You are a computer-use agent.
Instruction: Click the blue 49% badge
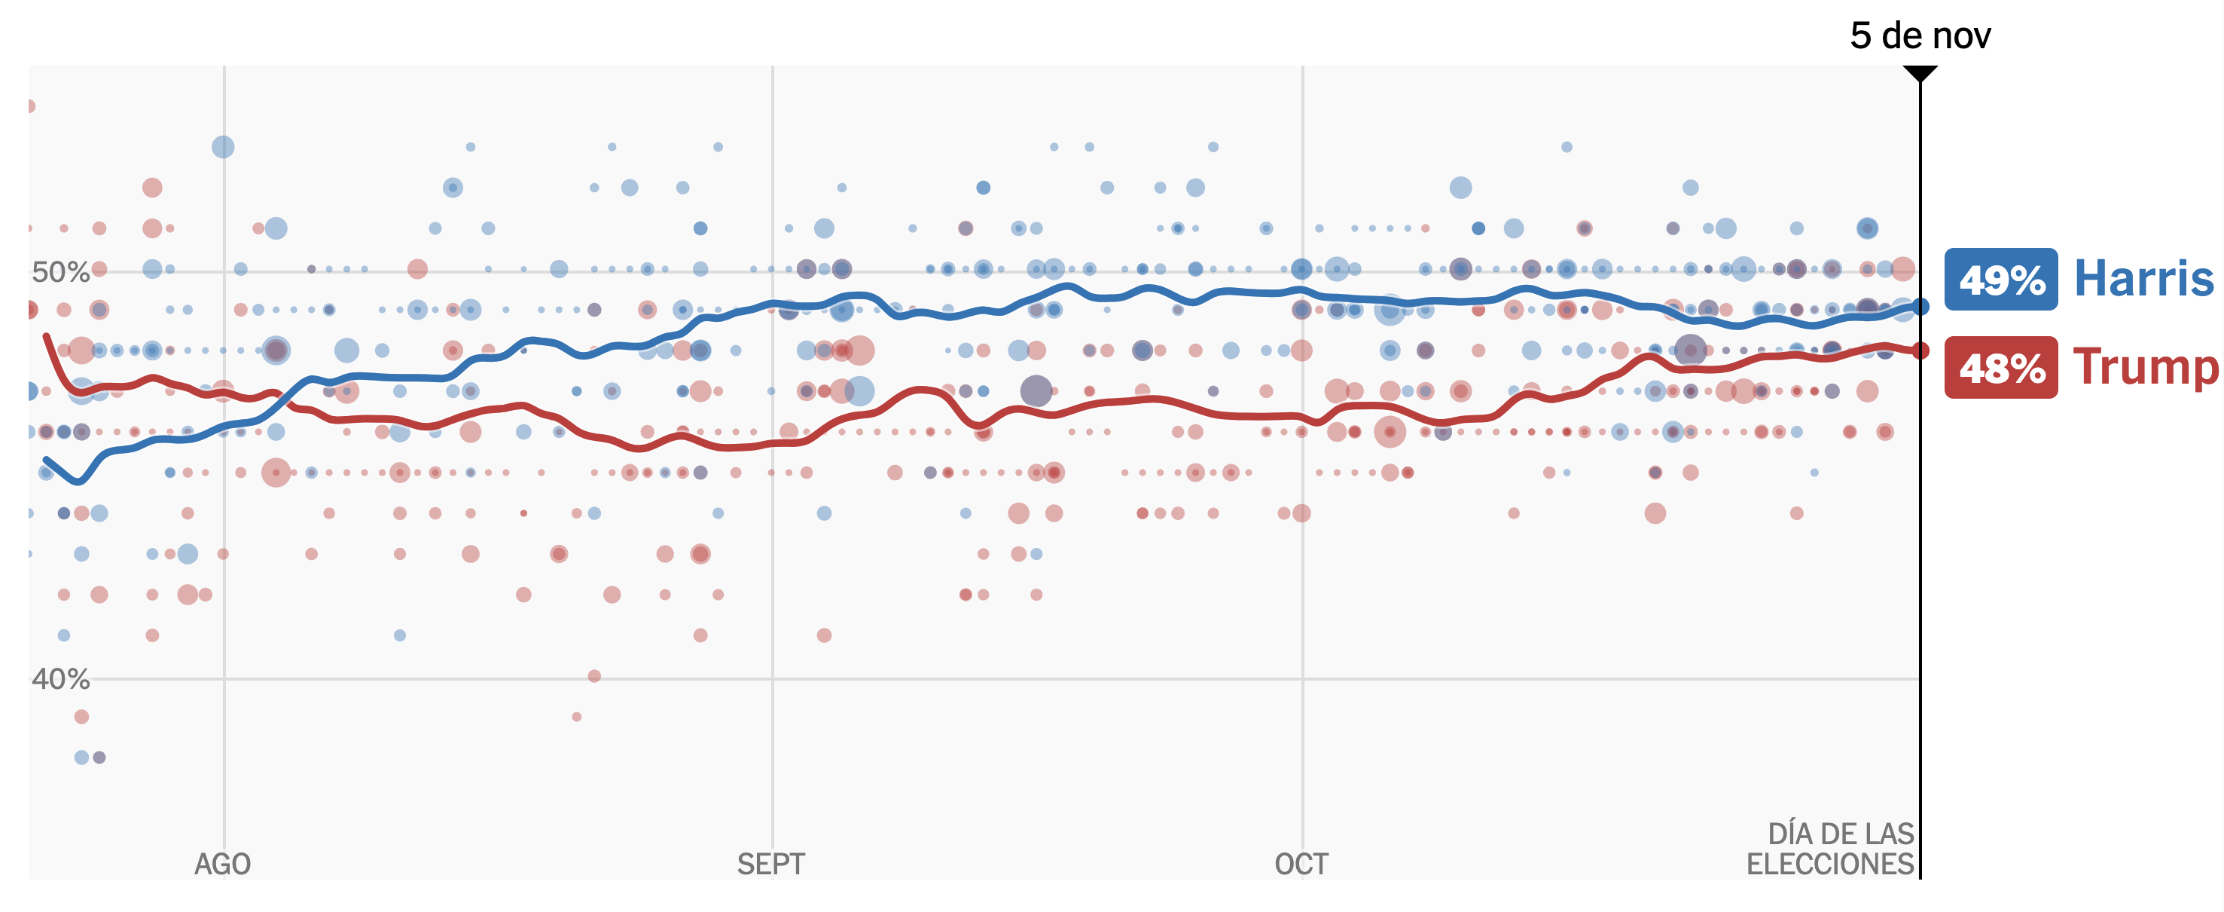(x=2000, y=279)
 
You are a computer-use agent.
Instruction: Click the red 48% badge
(x=2000, y=368)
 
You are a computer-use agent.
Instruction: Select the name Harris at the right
(x=2143, y=279)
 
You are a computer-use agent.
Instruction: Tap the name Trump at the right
(x=2145, y=368)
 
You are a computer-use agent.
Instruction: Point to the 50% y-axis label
(x=60, y=272)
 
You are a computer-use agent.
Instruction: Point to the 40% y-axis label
(x=60, y=679)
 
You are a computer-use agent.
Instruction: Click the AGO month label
(x=223, y=864)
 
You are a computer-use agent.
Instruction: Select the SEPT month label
(x=771, y=864)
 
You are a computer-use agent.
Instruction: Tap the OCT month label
(x=1301, y=864)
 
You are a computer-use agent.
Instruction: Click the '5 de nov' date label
(x=1920, y=36)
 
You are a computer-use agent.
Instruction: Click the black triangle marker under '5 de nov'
(x=1920, y=73)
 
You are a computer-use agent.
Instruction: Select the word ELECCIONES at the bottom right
(x=1829, y=864)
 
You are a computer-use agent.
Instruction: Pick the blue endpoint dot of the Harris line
(x=1920, y=307)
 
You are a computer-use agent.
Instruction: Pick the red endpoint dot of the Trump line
(x=1920, y=350)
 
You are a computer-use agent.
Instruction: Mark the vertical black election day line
(x=1920, y=604)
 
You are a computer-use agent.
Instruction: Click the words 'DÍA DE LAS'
(x=1841, y=834)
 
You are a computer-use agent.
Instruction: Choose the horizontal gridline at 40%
(x=1036, y=679)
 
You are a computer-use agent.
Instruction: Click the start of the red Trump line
(x=46, y=336)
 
